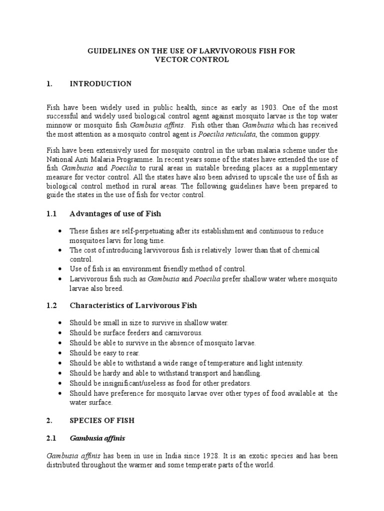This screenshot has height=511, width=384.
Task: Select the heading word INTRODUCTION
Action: coord(100,84)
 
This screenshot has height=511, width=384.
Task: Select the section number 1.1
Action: coord(51,214)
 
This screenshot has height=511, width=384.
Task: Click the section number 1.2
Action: coord(51,305)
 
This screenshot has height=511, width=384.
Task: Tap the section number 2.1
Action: coord(51,438)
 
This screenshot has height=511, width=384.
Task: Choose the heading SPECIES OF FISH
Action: coord(101,421)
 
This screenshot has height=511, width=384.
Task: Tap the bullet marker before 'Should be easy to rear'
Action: coord(60,353)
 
